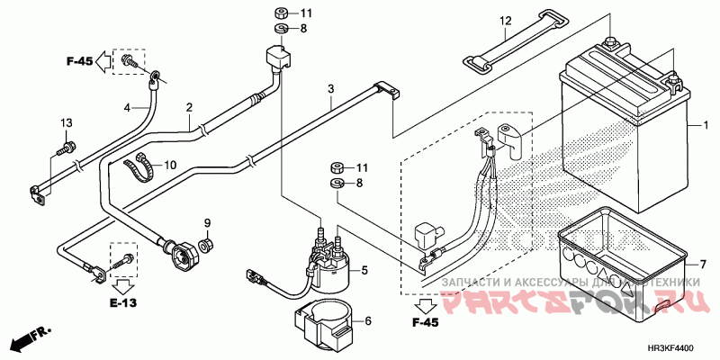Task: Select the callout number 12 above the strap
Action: click(505, 21)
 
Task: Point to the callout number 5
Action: click(366, 269)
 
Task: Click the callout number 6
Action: click(366, 319)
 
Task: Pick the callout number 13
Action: click(66, 122)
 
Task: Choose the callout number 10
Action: click(170, 165)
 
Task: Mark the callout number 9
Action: click(206, 222)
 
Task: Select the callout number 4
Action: click(127, 108)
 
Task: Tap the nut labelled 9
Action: click(206, 244)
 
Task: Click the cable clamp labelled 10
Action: click(141, 166)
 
